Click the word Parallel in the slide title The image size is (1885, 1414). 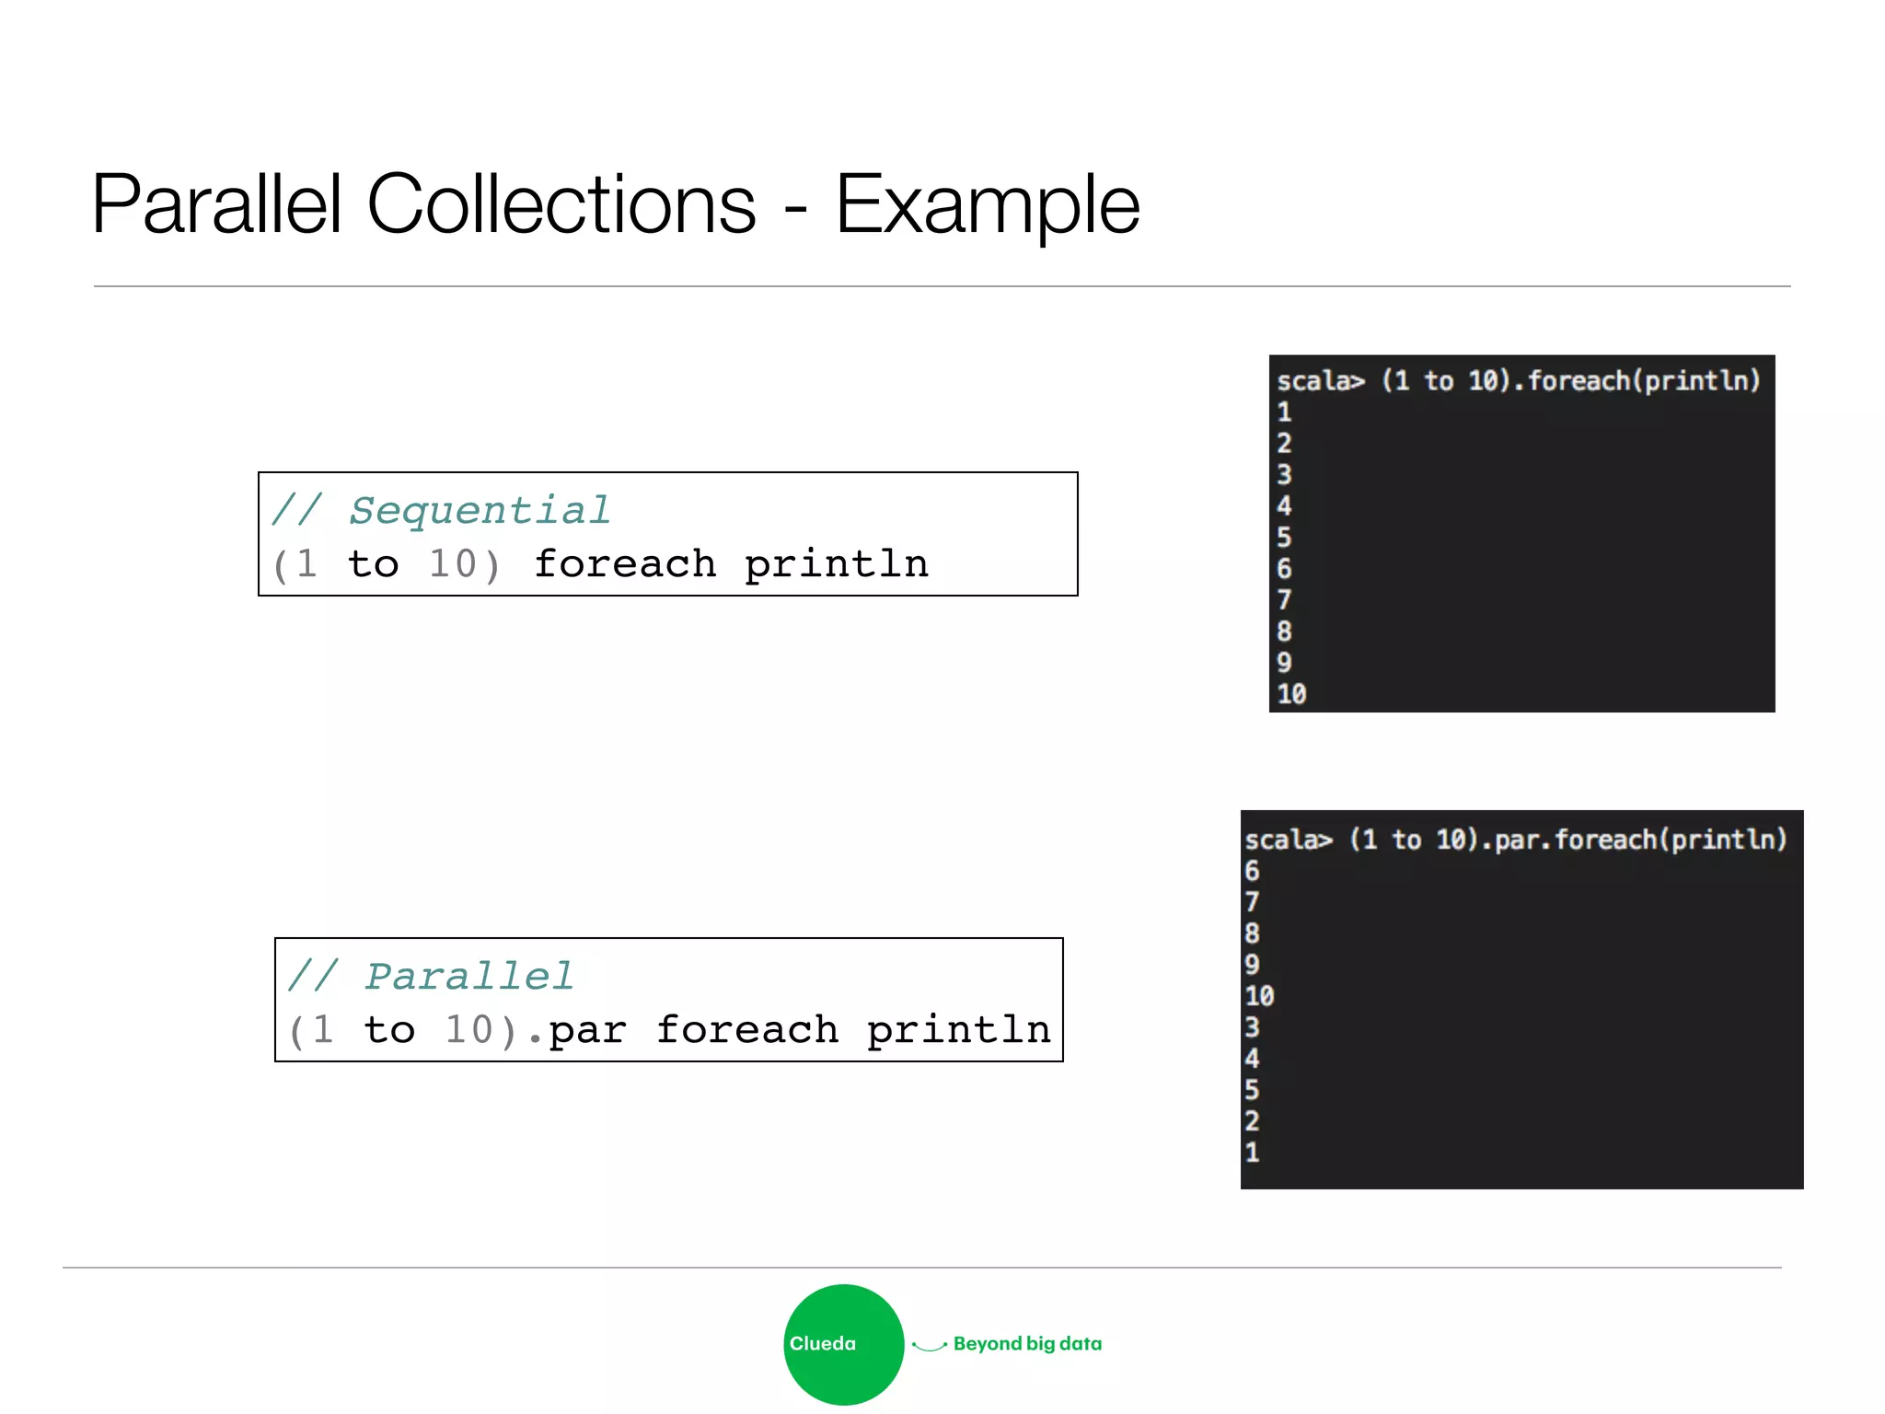click(x=217, y=204)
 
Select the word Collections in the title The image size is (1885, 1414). click(x=561, y=204)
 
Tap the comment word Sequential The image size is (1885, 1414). click(x=480, y=510)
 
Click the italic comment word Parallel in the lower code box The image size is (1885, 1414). click(x=469, y=976)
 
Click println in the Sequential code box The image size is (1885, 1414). click(x=836, y=564)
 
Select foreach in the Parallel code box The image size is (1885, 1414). click(x=746, y=1030)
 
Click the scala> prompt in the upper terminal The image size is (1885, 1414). click(x=1320, y=381)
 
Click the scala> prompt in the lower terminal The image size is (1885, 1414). click(x=1288, y=840)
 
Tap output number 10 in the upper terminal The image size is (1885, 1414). click(x=1291, y=694)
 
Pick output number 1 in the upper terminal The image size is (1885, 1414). click(x=1284, y=412)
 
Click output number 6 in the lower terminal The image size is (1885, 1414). click(x=1252, y=871)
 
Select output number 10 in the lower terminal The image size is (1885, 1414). click(x=1259, y=996)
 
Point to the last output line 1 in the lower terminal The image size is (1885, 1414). click(x=1252, y=1153)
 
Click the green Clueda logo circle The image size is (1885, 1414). click(x=843, y=1344)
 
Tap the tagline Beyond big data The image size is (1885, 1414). click(x=1027, y=1344)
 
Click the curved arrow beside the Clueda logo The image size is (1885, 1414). click(x=929, y=1346)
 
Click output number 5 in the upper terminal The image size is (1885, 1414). click(x=1284, y=538)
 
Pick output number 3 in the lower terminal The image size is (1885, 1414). click(x=1252, y=1027)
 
